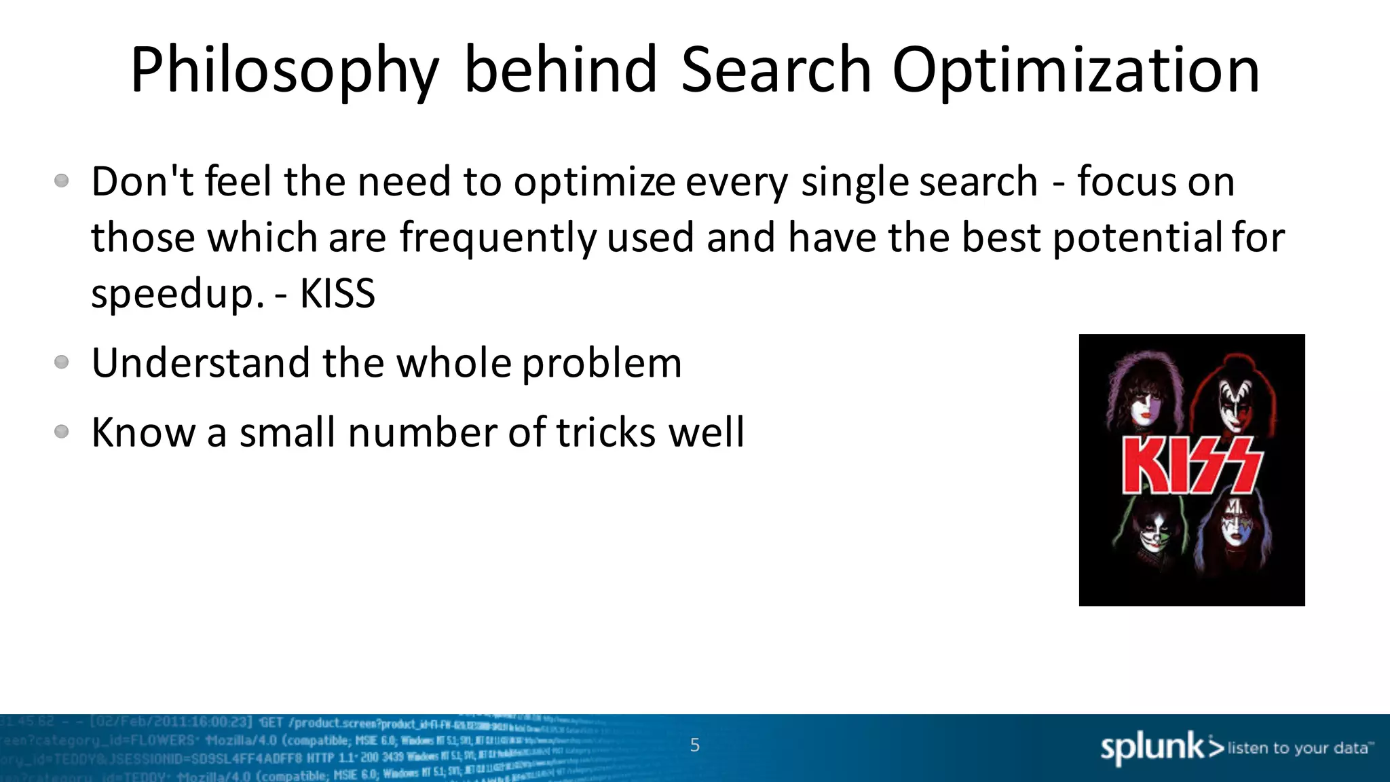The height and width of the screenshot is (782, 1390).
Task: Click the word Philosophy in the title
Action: [285, 70]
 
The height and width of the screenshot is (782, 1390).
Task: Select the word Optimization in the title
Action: [1076, 70]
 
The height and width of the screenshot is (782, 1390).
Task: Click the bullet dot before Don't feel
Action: [62, 181]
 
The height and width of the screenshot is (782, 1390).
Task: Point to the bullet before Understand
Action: [62, 362]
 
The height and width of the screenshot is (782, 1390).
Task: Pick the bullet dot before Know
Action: [62, 432]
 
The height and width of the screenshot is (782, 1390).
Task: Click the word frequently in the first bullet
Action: [498, 238]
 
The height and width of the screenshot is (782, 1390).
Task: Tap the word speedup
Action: [177, 294]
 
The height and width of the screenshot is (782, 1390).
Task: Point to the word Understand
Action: [201, 362]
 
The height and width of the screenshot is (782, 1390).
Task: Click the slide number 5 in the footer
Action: [694, 745]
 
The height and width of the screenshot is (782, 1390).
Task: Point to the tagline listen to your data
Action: [1298, 748]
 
